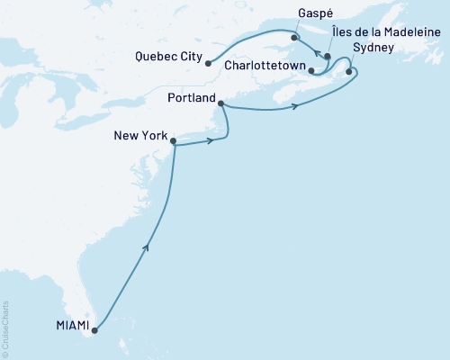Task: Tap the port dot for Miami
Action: pos(94,329)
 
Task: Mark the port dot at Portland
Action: pos(221,106)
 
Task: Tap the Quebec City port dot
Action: pos(208,63)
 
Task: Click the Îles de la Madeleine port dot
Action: pos(328,57)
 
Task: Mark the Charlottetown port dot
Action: pos(310,69)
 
